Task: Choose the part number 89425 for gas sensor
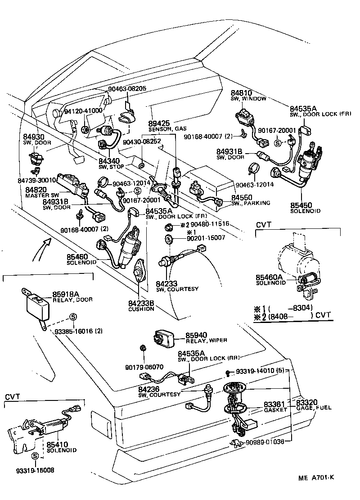coord(159,123)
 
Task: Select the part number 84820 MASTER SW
coord(36,190)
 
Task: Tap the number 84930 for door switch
coord(34,136)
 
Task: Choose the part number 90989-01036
coord(265,441)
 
